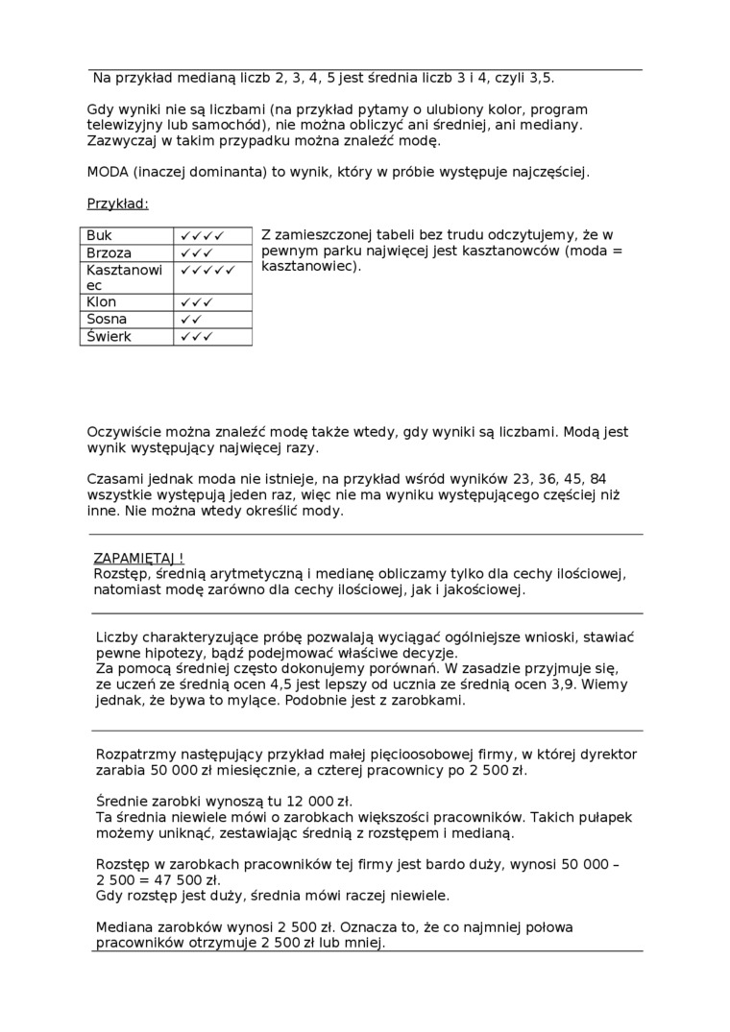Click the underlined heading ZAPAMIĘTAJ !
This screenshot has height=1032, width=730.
[138, 558]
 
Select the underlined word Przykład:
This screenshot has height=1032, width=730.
[118, 204]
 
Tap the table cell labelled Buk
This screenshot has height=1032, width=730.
[99, 235]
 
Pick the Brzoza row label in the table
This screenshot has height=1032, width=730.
[109, 252]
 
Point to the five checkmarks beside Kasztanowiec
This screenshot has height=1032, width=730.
[207, 271]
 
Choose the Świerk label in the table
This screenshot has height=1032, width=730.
[109, 337]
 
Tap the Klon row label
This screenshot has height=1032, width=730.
[102, 302]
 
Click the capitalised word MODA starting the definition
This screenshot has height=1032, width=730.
[108, 173]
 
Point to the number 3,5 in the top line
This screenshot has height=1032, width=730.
[540, 78]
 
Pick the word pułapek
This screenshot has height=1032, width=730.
[605, 817]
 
